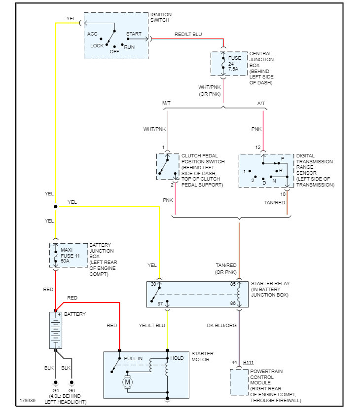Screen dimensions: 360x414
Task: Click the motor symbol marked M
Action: [x=127, y=382]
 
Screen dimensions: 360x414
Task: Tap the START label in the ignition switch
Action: [x=134, y=34]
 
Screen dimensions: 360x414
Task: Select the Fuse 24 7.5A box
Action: [x=229, y=64]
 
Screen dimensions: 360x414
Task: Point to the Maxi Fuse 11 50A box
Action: [x=69, y=255]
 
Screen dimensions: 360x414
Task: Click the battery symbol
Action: [x=56, y=330]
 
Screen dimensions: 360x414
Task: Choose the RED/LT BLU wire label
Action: [x=188, y=35]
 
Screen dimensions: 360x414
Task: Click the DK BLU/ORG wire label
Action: [x=221, y=326]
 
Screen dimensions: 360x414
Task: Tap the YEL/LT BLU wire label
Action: [x=152, y=326]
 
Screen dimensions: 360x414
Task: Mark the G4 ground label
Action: [x=56, y=390]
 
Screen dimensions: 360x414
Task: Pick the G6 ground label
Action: [x=72, y=390]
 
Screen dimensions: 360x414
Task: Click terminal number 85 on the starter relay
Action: [x=233, y=284]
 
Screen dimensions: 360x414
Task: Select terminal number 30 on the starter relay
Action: [x=153, y=284]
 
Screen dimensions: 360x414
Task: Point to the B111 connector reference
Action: [x=248, y=363]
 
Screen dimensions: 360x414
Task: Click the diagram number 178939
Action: [x=28, y=400]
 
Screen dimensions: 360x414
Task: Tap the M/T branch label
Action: [x=166, y=103]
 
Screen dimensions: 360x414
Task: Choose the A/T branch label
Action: [x=261, y=103]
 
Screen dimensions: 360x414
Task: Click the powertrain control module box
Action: [x=239, y=382]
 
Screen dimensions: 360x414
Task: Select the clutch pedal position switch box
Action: [x=168, y=167]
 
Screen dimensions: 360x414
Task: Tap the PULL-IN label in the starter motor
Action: [x=133, y=359]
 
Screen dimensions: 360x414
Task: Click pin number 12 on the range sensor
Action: [x=258, y=148]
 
